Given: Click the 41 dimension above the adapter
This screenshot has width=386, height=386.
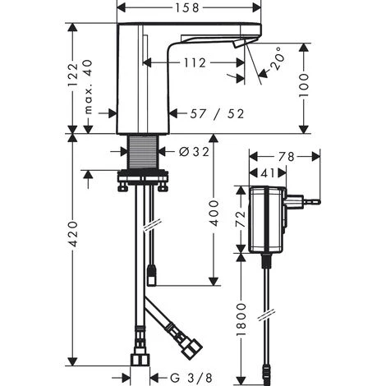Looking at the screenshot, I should [x=268, y=174].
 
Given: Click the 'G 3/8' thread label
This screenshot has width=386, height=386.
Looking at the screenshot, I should [x=195, y=376].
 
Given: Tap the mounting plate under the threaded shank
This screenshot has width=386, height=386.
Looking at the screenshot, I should [x=144, y=176].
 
